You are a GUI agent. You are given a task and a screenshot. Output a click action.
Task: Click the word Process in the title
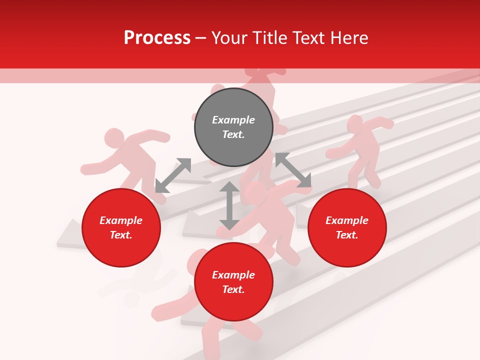pyautogui.click(x=157, y=38)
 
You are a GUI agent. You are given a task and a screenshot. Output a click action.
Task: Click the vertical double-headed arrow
pyautogui.click(x=229, y=205)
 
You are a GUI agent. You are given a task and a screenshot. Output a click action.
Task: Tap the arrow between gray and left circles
pyautogui.click(x=173, y=175)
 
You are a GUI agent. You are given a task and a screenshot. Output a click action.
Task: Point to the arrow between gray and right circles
pyautogui.click(x=293, y=170)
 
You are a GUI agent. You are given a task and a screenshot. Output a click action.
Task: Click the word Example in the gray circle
pyautogui.click(x=233, y=120)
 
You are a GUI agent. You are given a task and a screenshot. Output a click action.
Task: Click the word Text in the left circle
pyautogui.click(x=121, y=235)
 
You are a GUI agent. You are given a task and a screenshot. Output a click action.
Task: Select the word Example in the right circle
pyautogui.click(x=347, y=220)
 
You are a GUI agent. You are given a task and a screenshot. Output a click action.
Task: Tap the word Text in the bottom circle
pyautogui.click(x=233, y=289)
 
